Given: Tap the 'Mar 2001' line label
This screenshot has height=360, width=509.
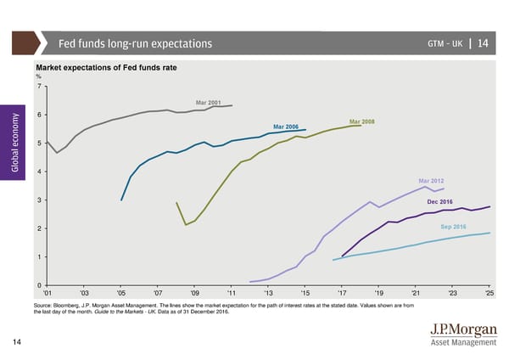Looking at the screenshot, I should (x=208, y=103).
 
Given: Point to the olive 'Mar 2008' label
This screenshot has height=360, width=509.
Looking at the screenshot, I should (x=361, y=121).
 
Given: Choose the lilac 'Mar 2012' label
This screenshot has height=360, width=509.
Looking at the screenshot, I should (x=431, y=182).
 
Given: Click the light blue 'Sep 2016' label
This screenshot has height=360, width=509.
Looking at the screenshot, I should (x=453, y=227).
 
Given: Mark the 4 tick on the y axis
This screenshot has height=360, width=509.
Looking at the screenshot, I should (x=39, y=172).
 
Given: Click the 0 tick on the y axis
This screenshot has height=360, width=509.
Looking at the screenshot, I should (x=39, y=285).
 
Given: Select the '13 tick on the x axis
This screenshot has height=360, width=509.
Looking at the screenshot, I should (x=268, y=294).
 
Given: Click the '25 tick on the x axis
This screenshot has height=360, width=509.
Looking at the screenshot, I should (x=489, y=294).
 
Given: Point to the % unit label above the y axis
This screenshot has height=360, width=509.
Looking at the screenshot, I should (x=38, y=77).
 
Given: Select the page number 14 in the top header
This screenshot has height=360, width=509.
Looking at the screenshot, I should (x=482, y=43).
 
